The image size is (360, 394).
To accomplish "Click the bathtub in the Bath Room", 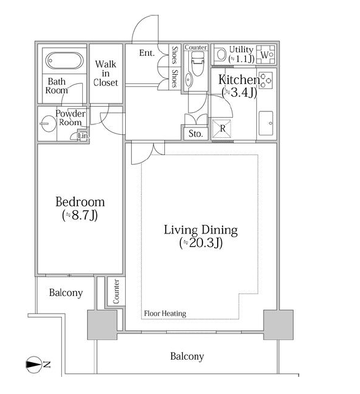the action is click(64, 61).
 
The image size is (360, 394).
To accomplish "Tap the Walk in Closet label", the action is click(105, 73).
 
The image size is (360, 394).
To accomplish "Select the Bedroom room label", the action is click(80, 202).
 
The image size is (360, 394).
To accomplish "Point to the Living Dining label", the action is click(201, 230).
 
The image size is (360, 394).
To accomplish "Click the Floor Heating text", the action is click(165, 314).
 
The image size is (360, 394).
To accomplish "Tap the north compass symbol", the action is click(34, 365).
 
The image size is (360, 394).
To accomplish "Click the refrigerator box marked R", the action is click(221, 129).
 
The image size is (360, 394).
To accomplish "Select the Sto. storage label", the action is click(196, 134).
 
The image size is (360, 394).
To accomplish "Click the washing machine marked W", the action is click(266, 55).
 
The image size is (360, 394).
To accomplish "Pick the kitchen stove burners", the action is click(266, 80).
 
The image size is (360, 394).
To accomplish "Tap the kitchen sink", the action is click(266, 123).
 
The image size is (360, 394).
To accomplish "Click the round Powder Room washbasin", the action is click(48, 123).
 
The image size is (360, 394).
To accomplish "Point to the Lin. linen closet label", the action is click(83, 136).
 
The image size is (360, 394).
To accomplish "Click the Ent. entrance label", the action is click(147, 53).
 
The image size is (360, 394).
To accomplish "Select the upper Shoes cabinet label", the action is click(174, 55).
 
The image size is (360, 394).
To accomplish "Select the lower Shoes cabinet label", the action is click(174, 78).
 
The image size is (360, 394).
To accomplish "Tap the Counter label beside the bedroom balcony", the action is click(117, 292).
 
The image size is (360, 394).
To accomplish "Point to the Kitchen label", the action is click(239, 80).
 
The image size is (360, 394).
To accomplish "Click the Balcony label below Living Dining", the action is click(187, 356).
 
